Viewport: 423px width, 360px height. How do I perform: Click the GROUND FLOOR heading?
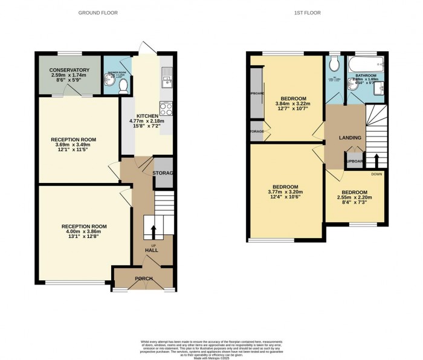98,12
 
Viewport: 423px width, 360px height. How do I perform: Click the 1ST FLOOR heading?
308,12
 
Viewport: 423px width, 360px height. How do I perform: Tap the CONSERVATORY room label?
69,71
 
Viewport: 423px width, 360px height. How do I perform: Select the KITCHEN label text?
147,116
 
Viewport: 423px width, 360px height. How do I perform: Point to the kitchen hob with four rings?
166,109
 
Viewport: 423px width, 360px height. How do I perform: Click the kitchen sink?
167,77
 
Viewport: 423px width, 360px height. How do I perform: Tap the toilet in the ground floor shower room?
124,86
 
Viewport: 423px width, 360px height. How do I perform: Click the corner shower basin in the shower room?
109,86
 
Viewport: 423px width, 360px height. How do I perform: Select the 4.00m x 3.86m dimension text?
84,232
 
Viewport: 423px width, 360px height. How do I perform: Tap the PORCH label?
143,278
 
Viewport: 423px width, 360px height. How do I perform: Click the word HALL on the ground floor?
151,250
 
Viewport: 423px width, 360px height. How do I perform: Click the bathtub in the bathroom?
366,64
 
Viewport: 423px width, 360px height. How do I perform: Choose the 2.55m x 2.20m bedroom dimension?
354,197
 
